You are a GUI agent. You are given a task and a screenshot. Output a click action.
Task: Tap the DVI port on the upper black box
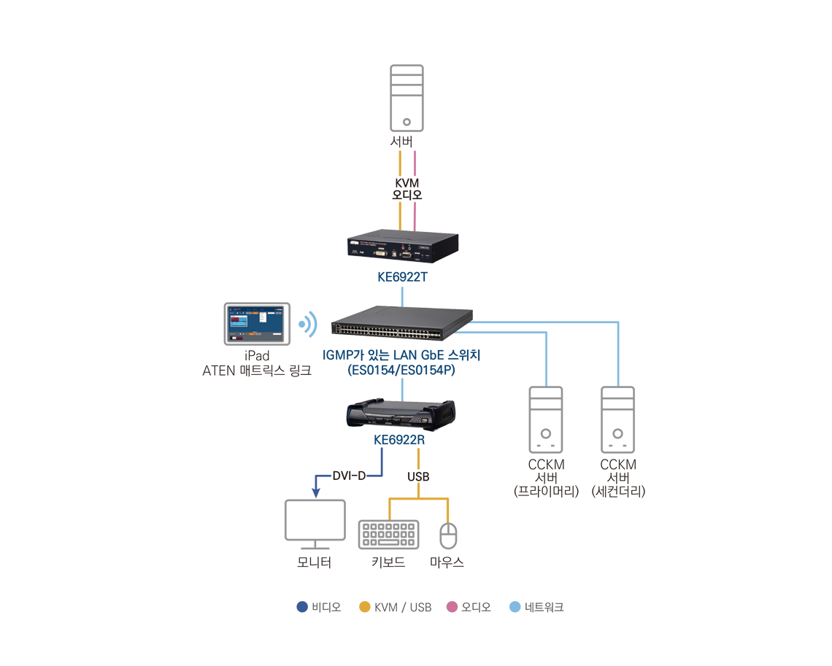click(x=381, y=251)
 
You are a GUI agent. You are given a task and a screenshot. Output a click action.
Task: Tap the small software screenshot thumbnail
click(x=255, y=323)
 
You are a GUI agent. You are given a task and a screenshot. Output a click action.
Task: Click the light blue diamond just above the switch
click(x=402, y=294)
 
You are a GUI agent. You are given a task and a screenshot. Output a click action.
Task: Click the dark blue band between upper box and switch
click(x=400, y=277)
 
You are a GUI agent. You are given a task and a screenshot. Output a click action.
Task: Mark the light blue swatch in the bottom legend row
click(x=512, y=597)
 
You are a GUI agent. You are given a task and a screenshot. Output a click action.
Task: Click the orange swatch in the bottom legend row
click(x=361, y=597)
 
